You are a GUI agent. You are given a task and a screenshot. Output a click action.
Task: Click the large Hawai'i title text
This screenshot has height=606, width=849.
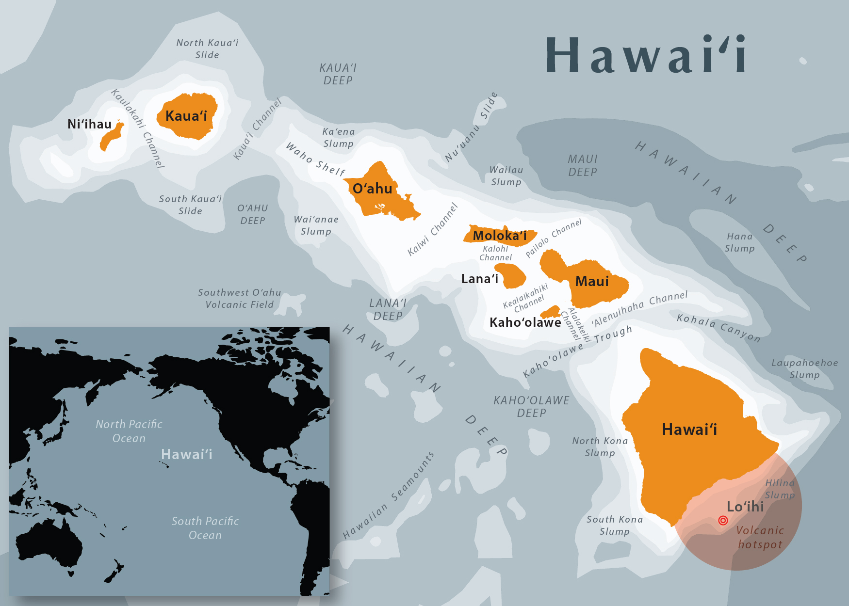[645, 55]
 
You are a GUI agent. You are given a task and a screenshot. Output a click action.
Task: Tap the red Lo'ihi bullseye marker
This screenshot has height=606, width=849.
[723, 520]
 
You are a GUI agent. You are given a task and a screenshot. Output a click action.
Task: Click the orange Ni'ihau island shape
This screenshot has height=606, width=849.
[111, 139]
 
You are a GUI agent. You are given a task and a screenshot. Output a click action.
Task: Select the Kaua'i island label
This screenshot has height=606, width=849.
[186, 116]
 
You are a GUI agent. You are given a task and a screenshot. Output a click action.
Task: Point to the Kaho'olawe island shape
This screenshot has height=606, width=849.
[551, 312]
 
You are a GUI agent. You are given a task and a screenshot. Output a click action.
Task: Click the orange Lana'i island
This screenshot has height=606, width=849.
[514, 276]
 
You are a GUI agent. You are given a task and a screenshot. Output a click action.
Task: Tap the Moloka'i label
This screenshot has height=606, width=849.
[500, 236]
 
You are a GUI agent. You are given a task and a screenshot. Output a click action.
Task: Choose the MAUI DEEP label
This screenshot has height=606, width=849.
[583, 165]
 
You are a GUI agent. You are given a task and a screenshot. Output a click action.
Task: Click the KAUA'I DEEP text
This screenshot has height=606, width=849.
[338, 74]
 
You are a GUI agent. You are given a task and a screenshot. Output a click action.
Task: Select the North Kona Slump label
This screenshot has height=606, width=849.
[600, 447]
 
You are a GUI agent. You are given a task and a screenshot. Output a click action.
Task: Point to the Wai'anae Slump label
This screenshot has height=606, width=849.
[316, 225]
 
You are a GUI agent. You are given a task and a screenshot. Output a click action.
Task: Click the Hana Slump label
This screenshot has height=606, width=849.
[740, 242]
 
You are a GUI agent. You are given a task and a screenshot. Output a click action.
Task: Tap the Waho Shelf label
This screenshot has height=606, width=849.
[315, 159]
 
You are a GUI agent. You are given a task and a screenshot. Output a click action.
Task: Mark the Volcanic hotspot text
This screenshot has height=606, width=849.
[760, 537]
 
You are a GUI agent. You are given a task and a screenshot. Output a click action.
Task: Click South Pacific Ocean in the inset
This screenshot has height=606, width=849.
[205, 528]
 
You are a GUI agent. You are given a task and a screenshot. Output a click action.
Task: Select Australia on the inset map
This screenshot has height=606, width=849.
[49, 543]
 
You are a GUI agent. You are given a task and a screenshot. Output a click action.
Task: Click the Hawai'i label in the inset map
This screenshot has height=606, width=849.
[187, 454]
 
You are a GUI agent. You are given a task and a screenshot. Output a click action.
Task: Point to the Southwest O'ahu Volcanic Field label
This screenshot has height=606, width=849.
[239, 298]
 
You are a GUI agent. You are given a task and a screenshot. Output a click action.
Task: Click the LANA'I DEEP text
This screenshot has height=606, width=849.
[388, 309]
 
